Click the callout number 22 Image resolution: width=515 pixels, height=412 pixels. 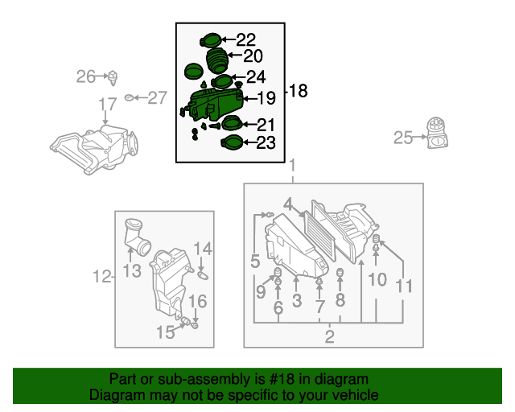(246, 39)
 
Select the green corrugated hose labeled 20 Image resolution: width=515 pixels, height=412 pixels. (216, 61)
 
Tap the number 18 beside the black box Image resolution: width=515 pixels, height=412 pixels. (299, 91)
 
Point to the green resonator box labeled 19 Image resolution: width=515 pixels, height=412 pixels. (214, 104)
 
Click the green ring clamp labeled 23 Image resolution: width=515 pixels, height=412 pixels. (232, 143)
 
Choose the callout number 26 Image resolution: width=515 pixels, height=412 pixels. (85, 76)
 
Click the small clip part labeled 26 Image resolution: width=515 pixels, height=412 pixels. (113, 78)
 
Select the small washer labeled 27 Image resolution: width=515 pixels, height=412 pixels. (129, 97)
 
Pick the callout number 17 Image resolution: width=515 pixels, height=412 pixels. (108, 104)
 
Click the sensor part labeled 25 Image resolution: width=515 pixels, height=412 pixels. (437, 133)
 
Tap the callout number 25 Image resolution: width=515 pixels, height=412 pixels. (403, 138)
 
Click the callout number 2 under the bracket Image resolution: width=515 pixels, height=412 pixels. (329, 336)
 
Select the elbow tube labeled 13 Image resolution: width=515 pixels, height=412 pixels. (136, 237)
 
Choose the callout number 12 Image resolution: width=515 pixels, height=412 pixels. (102, 277)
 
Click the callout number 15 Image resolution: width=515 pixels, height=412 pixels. (166, 332)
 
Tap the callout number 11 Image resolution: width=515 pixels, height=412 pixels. (404, 286)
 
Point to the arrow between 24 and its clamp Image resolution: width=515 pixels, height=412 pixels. (239, 77)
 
